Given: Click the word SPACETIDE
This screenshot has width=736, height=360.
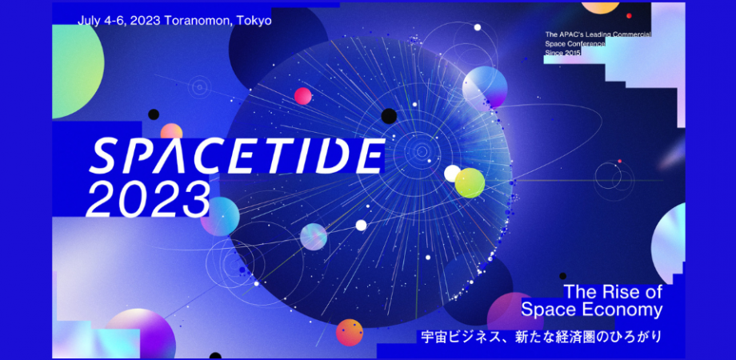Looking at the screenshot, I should (x=235, y=155).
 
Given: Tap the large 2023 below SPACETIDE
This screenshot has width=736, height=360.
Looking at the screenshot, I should (x=149, y=198).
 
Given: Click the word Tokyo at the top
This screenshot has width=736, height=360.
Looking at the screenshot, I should (x=254, y=21).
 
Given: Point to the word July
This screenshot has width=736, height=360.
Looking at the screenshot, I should (x=90, y=21).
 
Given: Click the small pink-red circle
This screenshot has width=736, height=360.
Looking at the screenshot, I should (x=303, y=97).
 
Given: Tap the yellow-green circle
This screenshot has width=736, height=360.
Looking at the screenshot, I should (x=470, y=183).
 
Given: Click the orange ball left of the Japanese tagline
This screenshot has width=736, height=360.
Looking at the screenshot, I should (x=350, y=332).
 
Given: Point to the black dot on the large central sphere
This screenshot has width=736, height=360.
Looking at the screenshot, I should (x=389, y=116).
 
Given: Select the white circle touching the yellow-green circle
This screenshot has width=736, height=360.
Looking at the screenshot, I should (x=452, y=173).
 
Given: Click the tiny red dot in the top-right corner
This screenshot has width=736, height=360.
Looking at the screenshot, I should (x=629, y=16).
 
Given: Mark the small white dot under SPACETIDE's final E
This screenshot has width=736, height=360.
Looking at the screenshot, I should (x=361, y=225).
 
